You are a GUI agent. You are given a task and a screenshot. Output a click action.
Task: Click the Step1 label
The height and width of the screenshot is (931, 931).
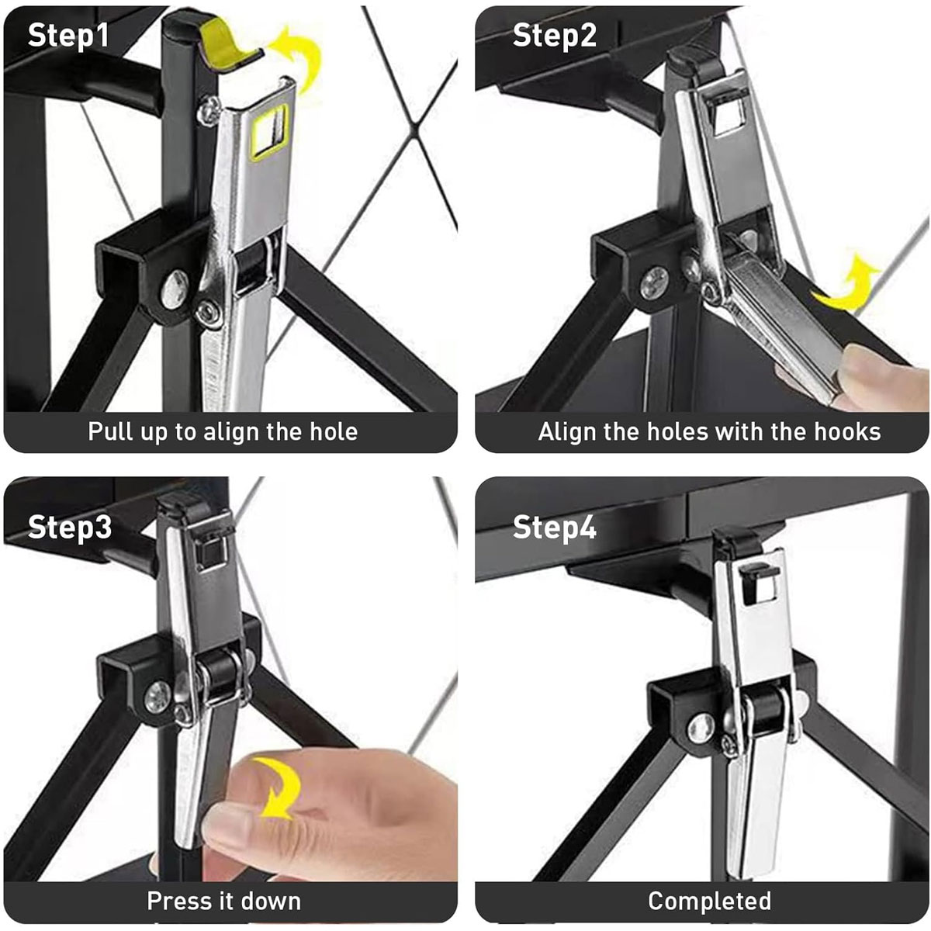(x=68, y=36)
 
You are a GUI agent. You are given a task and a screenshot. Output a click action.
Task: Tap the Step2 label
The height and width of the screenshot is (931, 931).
(x=555, y=36)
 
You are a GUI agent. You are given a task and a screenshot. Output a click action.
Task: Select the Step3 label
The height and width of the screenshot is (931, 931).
(x=70, y=527)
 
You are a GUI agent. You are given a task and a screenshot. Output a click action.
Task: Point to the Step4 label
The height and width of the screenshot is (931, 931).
(x=555, y=527)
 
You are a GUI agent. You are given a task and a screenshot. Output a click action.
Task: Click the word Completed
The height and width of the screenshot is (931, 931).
(x=710, y=901)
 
